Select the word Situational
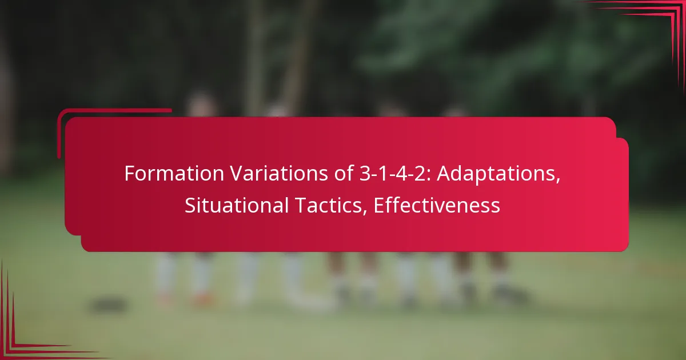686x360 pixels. (x=236, y=206)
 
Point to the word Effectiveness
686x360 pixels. (x=437, y=206)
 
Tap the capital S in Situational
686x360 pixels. (x=189, y=206)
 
